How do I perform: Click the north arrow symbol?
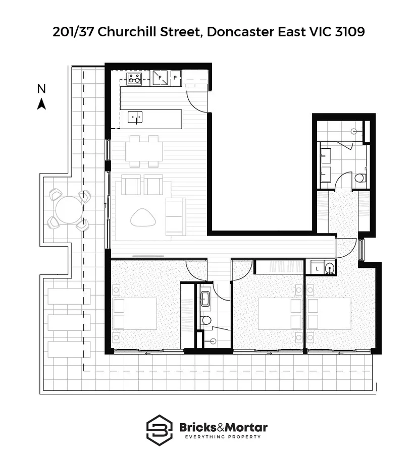(42, 104)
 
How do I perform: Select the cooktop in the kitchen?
(134, 78)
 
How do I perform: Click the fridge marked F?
(161, 78)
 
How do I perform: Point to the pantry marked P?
(175, 78)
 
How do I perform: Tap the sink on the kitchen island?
(135, 117)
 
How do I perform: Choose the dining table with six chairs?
(144, 151)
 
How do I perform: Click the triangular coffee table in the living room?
(143, 217)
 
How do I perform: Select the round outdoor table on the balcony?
(69, 209)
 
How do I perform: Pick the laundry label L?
(316, 268)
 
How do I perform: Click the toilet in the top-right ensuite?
(359, 178)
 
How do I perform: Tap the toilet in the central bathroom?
(206, 320)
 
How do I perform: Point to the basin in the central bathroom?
(206, 299)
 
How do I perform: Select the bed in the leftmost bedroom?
(134, 313)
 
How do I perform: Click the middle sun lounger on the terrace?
(69, 322)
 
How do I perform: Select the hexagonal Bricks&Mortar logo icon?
(160, 429)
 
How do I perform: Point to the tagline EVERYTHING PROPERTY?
(224, 437)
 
